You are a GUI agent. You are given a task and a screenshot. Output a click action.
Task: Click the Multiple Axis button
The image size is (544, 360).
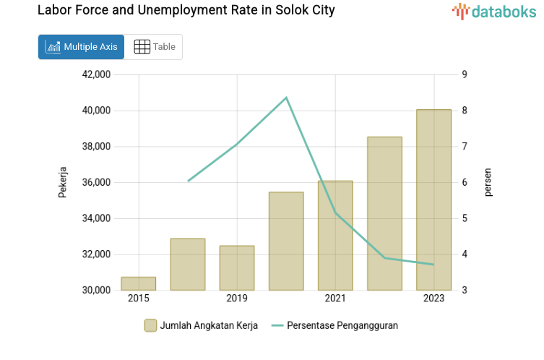pos(81,47)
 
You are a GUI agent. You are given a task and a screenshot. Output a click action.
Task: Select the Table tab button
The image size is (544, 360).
pos(155,47)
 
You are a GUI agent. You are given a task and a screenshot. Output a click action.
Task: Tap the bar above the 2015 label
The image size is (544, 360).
pos(138,283)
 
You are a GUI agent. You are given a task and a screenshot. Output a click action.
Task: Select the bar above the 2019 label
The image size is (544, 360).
pos(237,267)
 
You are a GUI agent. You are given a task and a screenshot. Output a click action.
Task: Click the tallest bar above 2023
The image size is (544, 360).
pos(433,200)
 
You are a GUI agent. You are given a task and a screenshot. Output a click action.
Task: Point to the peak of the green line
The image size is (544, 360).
pos(286,98)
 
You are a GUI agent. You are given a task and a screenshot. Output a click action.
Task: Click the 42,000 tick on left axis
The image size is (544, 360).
pos(97,74)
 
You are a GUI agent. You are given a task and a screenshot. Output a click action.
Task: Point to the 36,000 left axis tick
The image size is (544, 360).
pos(97,183)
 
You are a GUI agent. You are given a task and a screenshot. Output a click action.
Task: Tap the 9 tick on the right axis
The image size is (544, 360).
pos(465,74)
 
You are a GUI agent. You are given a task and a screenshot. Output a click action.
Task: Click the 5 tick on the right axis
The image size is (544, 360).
pos(465,218)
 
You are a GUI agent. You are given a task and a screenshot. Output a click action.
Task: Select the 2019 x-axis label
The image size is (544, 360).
pos(237,299)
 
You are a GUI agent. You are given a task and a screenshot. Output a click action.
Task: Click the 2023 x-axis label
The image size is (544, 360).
pos(433,299)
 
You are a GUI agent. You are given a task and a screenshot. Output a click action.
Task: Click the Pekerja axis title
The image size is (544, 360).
pos(63,182)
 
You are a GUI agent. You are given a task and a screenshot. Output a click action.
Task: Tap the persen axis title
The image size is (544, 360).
pos(488,182)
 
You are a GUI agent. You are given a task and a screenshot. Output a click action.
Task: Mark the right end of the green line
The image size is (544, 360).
pos(433,265)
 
